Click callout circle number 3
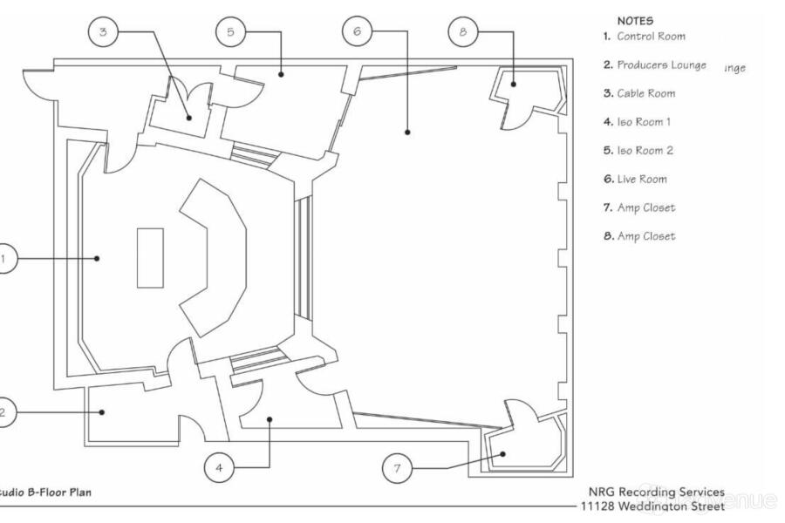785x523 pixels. click(103, 32)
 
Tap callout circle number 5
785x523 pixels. click(230, 32)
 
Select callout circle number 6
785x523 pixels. click(358, 32)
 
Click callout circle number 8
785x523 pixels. click(463, 32)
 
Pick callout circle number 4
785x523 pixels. click(219, 468)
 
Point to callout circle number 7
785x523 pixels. click(398, 469)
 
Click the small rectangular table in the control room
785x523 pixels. click(150, 257)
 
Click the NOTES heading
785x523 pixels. click(635, 20)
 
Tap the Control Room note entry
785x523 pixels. click(650, 37)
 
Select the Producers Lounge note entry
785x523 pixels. click(660, 65)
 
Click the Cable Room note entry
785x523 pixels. click(645, 93)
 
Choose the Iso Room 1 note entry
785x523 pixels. click(644, 122)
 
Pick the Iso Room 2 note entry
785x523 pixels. click(645, 151)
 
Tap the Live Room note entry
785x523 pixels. click(641, 180)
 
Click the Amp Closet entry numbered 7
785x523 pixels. click(645, 208)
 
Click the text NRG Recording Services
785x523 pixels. click(656, 492)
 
